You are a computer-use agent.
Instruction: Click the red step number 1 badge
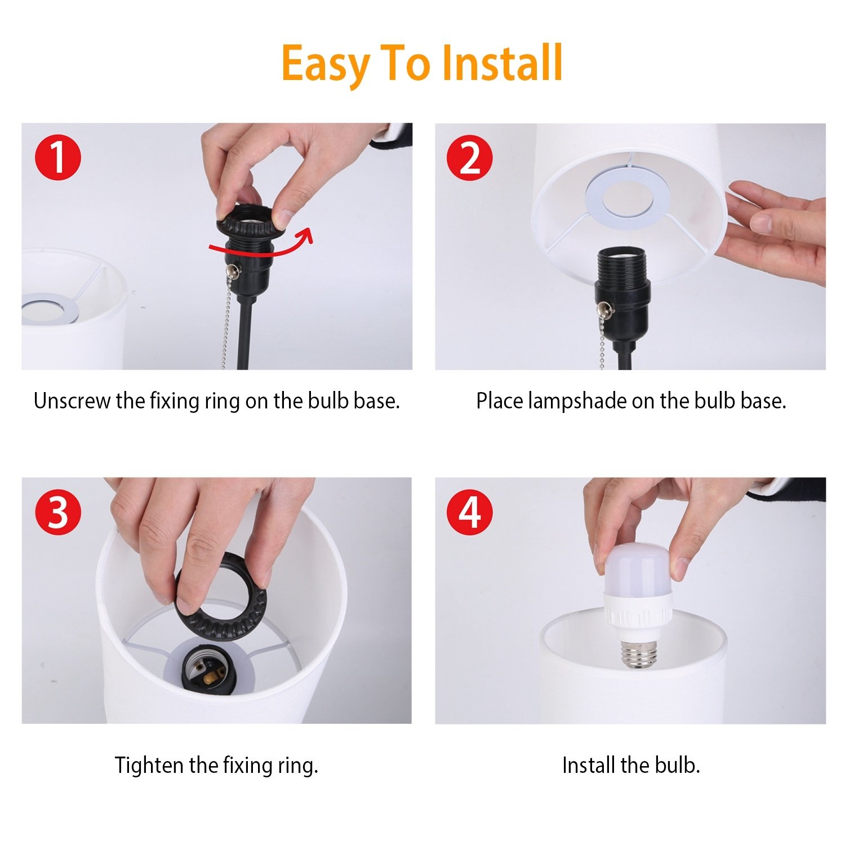point(58,157)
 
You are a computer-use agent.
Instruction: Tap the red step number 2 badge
point(470,157)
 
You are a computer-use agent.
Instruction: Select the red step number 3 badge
point(58,512)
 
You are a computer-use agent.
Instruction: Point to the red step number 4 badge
point(470,512)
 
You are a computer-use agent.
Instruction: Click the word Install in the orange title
point(501,63)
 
